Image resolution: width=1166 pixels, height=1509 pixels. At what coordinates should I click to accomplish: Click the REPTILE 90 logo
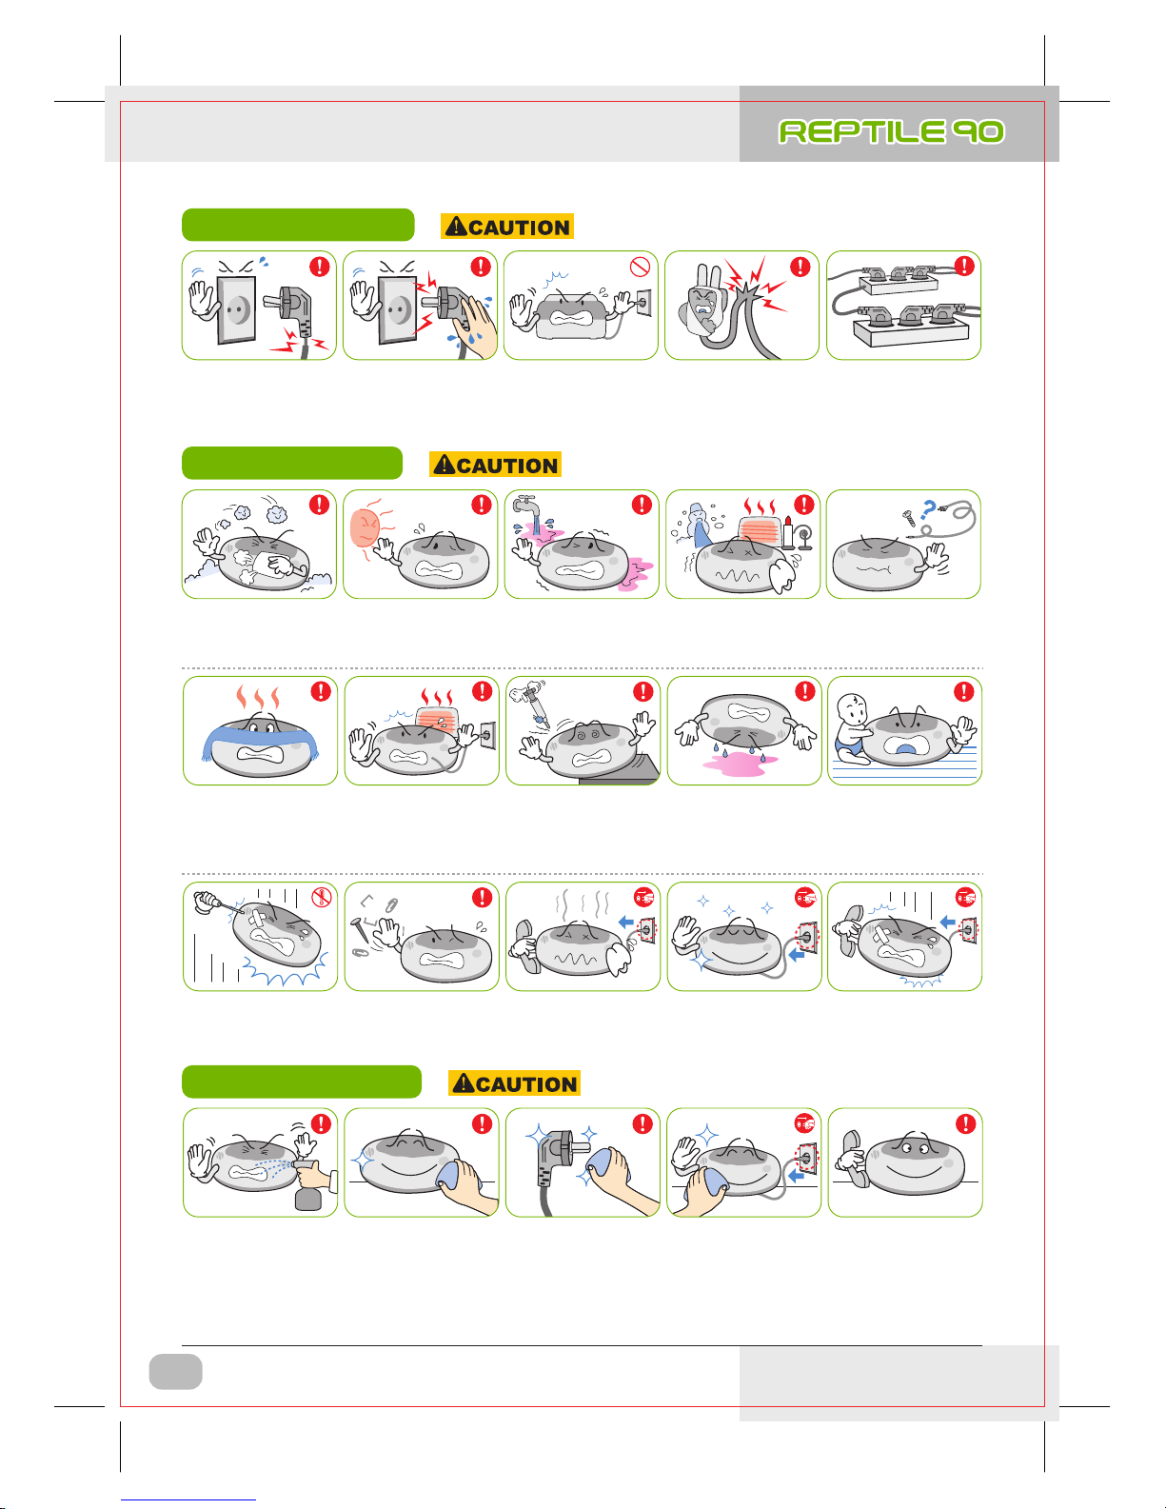tap(891, 131)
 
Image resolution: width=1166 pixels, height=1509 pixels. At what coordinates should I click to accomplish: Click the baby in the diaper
tap(853, 729)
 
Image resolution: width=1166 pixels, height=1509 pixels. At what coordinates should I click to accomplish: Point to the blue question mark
tap(928, 510)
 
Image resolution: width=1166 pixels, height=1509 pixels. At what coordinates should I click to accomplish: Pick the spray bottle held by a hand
tap(308, 1187)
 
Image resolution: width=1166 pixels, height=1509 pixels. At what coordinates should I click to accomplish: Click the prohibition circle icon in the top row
tap(640, 267)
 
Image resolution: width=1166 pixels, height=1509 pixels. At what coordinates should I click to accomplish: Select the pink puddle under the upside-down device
tap(740, 764)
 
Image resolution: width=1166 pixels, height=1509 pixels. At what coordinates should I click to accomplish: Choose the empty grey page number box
tap(175, 1371)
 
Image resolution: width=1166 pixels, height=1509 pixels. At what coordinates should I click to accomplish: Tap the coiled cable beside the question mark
tap(950, 520)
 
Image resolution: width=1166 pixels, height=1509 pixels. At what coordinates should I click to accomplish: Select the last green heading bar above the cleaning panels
tap(301, 1082)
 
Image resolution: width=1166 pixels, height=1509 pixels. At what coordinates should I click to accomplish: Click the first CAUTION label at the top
tap(507, 227)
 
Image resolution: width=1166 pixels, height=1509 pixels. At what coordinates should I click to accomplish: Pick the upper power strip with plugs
tap(898, 279)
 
